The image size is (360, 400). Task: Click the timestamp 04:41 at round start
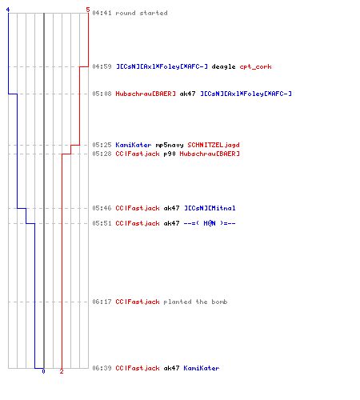(x=102, y=13)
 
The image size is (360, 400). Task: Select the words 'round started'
(x=142, y=13)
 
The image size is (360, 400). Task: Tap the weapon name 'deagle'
(x=223, y=66)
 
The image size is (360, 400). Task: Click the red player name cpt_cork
(x=255, y=66)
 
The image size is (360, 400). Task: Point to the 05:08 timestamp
(x=102, y=94)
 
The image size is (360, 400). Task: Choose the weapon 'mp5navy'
(x=170, y=145)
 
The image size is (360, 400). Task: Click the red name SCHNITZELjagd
(x=214, y=145)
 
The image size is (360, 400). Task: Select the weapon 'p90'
(x=170, y=154)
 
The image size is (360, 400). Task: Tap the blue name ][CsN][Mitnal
(x=210, y=208)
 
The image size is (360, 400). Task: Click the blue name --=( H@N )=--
(x=210, y=223)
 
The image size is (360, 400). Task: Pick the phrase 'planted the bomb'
(x=195, y=302)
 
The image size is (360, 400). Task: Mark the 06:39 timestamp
(x=102, y=368)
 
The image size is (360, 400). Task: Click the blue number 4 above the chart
(x=8, y=10)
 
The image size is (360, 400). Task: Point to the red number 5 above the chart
(x=88, y=10)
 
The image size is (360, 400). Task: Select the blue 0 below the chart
(x=43, y=371)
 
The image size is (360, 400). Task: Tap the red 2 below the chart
(x=62, y=371)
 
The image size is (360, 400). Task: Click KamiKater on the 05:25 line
(x=134, y=145)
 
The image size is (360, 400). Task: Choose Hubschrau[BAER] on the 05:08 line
(x=146, y=94)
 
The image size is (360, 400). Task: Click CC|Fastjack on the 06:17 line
(x=138, y=302)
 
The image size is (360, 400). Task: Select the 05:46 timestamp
(x=102, y=208)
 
